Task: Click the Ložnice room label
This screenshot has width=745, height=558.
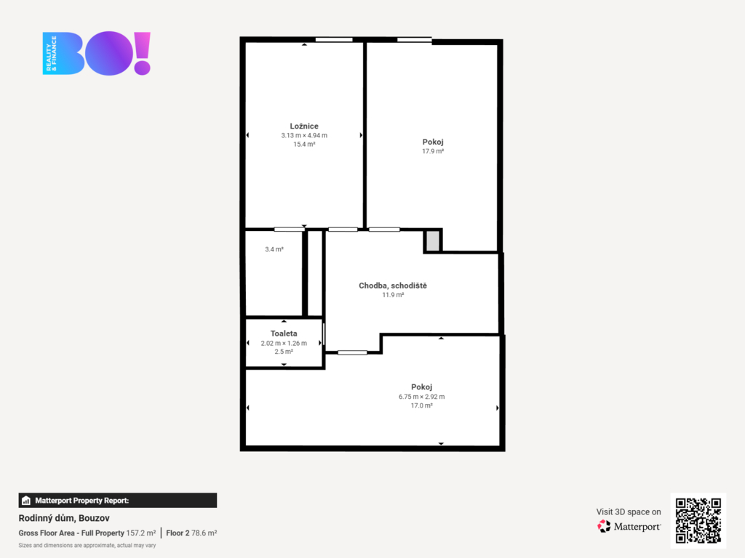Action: (304, 126)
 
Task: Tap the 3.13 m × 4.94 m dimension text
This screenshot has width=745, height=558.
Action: (304, 135)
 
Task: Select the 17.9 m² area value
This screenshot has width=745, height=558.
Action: (433, 151)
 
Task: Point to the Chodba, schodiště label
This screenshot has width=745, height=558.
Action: (393, 286)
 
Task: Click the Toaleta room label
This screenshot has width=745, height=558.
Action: (284, 333)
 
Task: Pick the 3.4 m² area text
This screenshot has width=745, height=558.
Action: (274, 249)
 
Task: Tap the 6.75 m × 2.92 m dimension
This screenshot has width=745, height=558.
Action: (421, 397)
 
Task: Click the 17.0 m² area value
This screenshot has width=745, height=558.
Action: (421, 405)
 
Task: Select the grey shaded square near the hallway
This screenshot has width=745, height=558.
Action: (433, 240)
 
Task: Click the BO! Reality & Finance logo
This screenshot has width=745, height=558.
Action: (97, 53)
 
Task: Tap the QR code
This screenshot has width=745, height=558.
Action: (698, 520)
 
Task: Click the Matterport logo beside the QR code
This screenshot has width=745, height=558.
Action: (629, 526)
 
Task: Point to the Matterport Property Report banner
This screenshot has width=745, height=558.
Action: (118, 500)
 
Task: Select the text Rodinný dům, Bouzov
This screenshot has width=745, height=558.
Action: (64, 518)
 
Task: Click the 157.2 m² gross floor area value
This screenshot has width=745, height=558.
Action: (140, 533)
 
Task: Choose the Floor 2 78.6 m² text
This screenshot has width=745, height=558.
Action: (191, 533)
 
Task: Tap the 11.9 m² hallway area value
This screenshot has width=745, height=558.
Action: (393, 295)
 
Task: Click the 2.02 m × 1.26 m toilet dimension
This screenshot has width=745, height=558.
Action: (284, 343)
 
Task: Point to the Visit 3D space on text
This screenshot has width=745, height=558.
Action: (629, 512)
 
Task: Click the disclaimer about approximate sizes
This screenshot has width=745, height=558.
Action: (87, 545)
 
